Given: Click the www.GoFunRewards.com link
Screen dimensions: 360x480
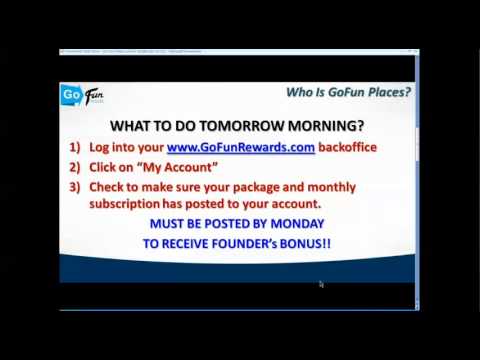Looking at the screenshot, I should (x=240, y=147).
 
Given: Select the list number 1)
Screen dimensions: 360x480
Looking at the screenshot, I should (x=75, y=147).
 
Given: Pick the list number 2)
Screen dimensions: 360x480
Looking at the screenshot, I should (x=75, y=167).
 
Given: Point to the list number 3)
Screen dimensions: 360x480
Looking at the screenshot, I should (x=75, y=187).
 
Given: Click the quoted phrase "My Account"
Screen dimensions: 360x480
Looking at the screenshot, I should (x=184, y=167).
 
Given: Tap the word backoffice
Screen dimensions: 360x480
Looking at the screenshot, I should (x=347, y=147).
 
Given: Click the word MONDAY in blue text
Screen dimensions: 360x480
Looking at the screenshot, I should (x=297, y=224).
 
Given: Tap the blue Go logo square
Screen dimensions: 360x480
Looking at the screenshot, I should (x=72, y=95).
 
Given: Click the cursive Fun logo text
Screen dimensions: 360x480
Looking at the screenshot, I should (x=94, y=96).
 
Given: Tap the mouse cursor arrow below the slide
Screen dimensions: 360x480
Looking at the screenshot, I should (x=321, y=284).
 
